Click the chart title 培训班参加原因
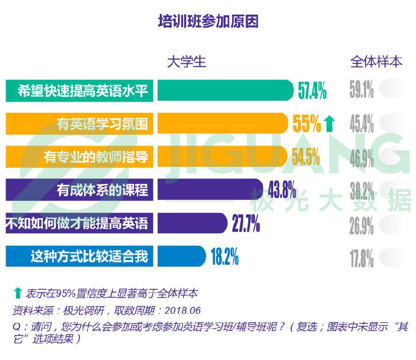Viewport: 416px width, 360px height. [x=208, y=22]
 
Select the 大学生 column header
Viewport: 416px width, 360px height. [x=186, y=61]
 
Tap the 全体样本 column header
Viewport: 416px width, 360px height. [x=376, y=61]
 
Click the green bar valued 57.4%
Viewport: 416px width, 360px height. [x=225, y=91]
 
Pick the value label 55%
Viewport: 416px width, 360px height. [x=306, y=123]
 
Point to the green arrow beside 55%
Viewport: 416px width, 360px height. [x=329, y=123]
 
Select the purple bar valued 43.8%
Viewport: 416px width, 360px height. [x=210, y=189]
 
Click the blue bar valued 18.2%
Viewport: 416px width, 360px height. [x=181, y=256]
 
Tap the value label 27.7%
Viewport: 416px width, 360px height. [x=245, y=224]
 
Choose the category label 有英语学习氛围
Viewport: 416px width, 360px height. [x=102, y=124]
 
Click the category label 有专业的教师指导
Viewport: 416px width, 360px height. [x=96, y=157]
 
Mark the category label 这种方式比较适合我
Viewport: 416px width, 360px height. [x=89, y=256]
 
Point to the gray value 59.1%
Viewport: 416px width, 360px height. [x=361, y=91]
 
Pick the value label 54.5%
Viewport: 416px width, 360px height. [x=306, y=157]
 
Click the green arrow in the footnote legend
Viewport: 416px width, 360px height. [x=18, y=293]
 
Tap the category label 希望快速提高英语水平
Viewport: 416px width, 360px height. [x=83, y=91]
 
